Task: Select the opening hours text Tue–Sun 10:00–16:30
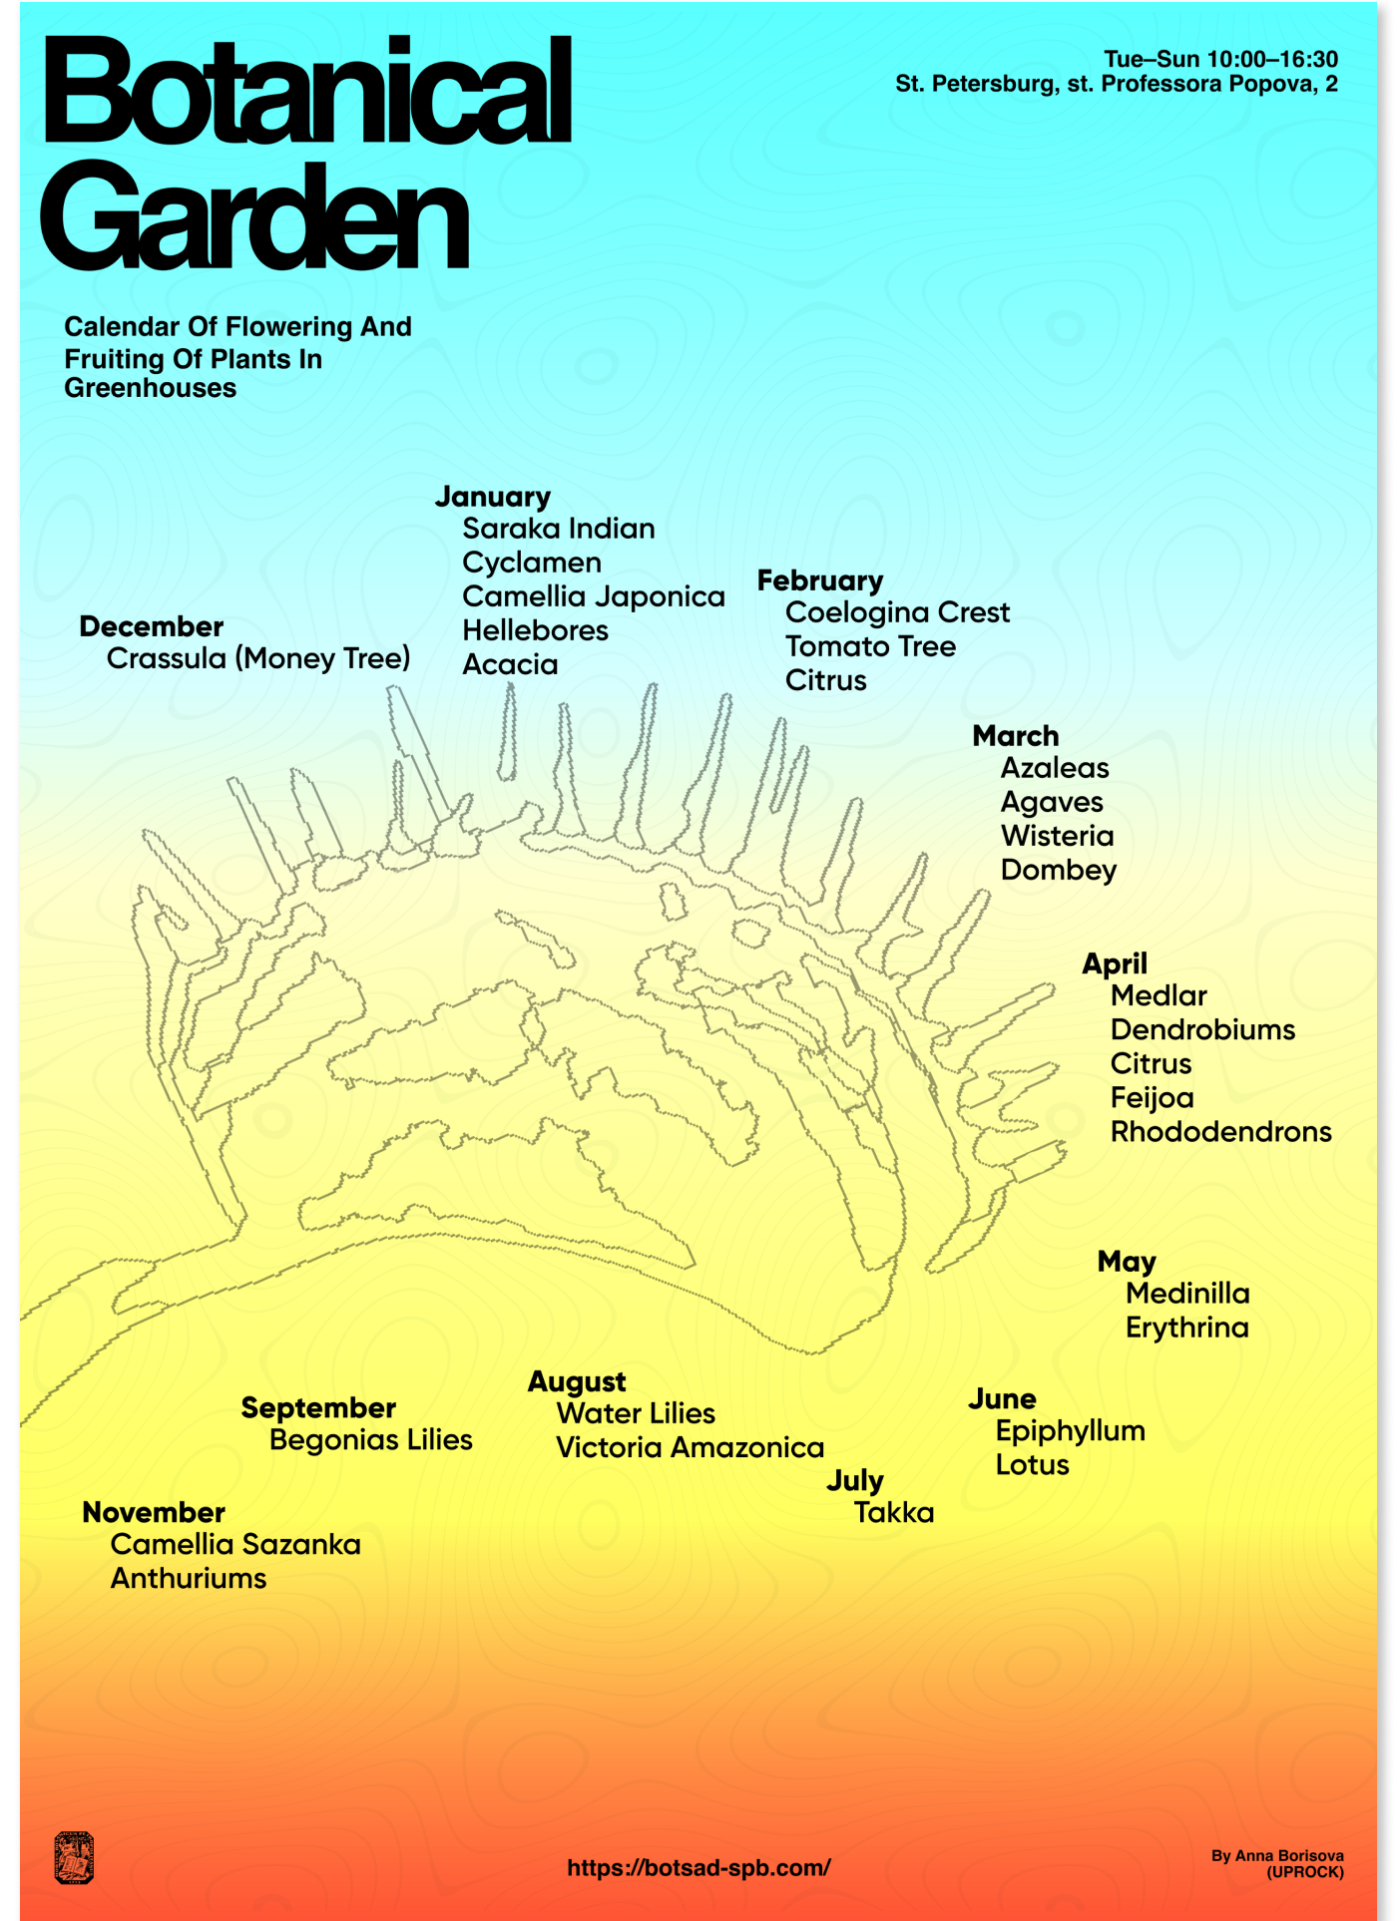point(1220,60)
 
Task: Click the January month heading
point(493,497)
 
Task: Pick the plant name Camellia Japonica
point(593,596)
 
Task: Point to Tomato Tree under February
point(870,646)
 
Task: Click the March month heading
point(1016,736)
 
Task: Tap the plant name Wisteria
point(1057,836)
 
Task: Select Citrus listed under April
point(1151,1064)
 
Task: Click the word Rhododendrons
point(1220,1132)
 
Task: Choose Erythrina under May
point(1186,1328)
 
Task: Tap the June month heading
point(1002,1399)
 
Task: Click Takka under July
point(894,1513)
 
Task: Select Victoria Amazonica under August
point(690,1448)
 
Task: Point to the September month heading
point(318,1408)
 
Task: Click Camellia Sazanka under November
point(235,1545)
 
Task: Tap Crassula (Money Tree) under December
point(258,659)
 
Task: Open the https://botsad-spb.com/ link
point(698,1868)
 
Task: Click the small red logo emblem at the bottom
point(74,1858)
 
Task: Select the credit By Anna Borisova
point(1277,1856)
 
